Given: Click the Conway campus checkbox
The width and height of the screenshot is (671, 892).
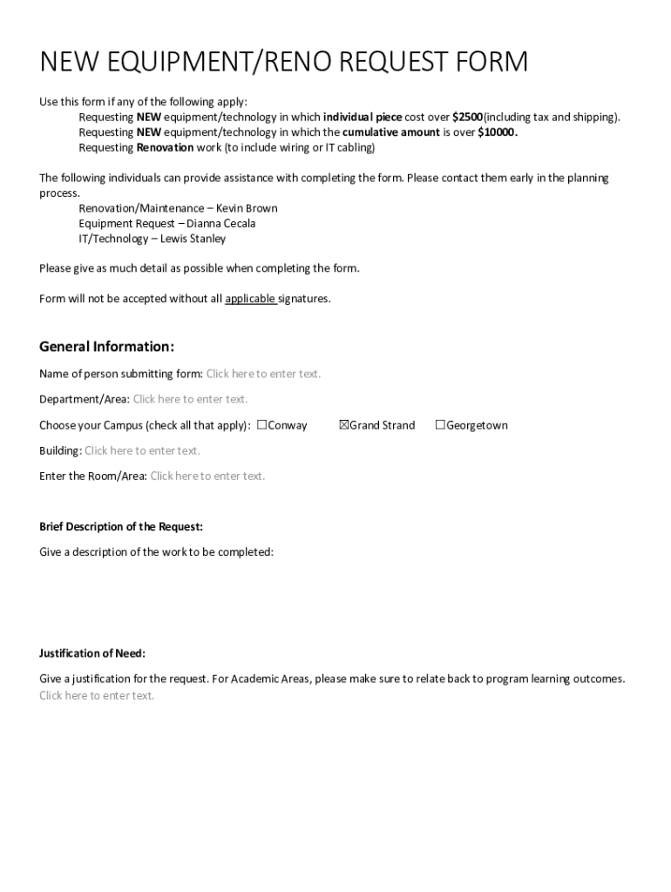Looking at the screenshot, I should [261, 425].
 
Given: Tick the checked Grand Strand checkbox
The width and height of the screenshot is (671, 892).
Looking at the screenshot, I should [343, 425].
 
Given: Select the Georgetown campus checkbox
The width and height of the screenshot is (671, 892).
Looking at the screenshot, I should [440, 425].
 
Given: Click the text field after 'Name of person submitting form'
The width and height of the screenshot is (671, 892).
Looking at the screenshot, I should [263, 374].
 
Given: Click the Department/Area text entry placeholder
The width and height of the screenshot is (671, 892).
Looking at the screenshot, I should [190, 399].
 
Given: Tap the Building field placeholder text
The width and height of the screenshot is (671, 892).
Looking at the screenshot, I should [142, 450].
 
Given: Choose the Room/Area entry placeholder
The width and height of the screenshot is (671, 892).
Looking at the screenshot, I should [207, 476].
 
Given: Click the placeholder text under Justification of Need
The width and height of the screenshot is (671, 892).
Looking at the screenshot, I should [96, 695].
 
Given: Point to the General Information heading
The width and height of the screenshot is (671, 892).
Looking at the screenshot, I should [106, 347].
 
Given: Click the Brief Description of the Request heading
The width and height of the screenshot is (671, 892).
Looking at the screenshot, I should [120, 527].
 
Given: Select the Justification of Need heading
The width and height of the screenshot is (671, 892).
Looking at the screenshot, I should [91, 653].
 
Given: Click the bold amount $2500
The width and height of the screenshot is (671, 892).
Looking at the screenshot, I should [467, 117].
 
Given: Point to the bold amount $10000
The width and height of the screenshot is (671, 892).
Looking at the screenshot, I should [498, 132].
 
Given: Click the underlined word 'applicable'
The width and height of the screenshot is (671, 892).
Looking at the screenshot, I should [250, 299].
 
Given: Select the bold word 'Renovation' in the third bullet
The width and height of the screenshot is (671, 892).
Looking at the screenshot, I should [165, 147].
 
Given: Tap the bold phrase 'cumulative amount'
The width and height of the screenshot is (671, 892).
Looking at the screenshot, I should [390, 132].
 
